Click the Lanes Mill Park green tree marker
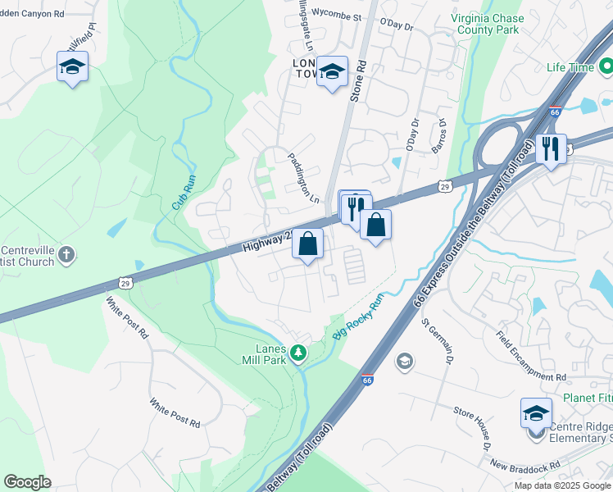pyautogui.click(x=299, y=353)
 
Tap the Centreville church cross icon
pyautogui.click(x=66, y=255)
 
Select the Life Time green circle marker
pyautogui.click(x=606, y=66)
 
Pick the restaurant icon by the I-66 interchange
pyautogui.click(x=551, y=148)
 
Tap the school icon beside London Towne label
pyautogui.click(x=332, y=71)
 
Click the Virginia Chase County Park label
pyautogui.click(x=485, y=23)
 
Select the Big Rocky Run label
pyautogui.click(x=358, y=317)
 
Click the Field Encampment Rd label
pyautogui.click(x=532, y=355)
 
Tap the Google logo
pyautogui.click(x=27, y=482)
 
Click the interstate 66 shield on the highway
pyautogui.click(x=367, y=380)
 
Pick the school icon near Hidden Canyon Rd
pyautogui.click(x=72, y=66)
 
